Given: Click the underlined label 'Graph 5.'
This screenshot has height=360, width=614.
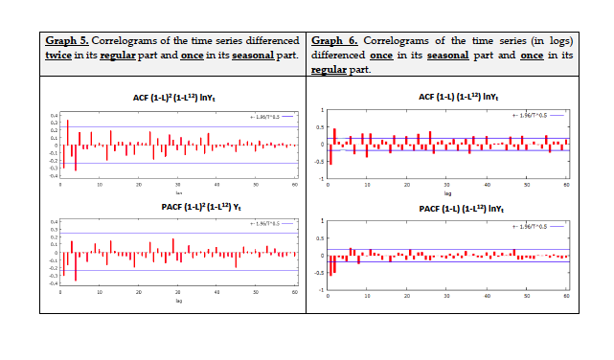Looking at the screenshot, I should (68, 41).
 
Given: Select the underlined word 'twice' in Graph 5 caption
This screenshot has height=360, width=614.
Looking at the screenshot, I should (58, 56).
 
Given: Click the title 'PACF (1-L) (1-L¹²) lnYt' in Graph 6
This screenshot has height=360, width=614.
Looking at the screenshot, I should (447, 208).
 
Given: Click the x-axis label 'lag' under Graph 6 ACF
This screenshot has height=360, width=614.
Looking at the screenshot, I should (447, 192).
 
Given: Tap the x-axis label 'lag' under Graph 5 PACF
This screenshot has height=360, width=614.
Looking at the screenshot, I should (179, 301).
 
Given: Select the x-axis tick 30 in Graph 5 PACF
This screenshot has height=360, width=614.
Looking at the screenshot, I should (178, 292).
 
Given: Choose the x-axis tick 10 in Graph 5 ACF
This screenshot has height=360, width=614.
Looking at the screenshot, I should (100, 184).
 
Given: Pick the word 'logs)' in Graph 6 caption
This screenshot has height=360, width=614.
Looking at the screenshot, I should (560, 41).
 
